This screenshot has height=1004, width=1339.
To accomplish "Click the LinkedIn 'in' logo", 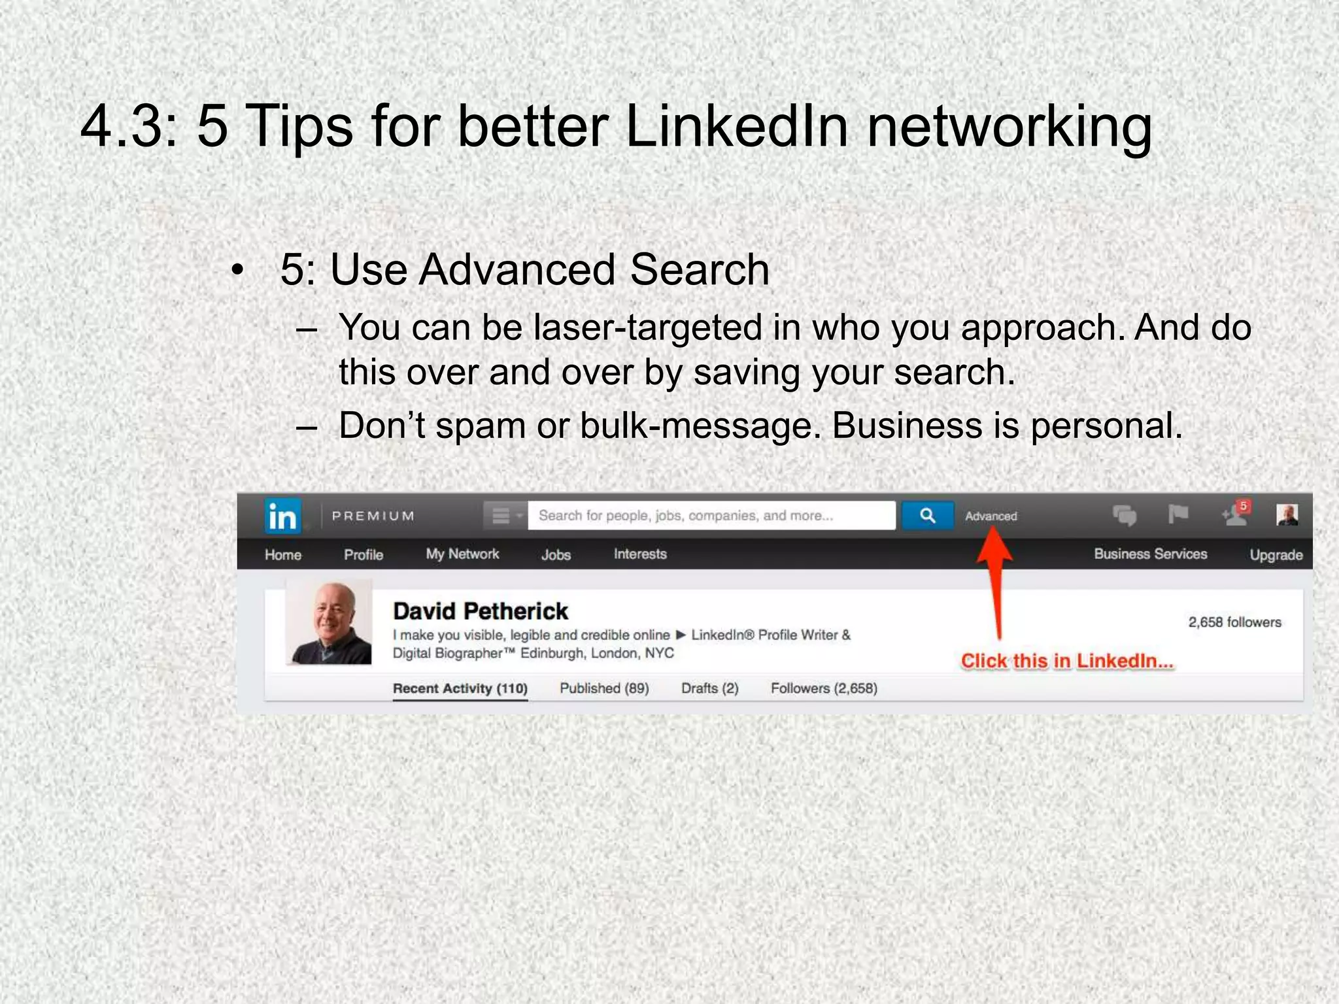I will [x=282, y=516].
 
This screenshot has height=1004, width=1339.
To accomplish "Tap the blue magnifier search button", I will [x=927, y=516].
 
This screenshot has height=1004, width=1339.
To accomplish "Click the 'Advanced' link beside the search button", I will [x=991, y=516].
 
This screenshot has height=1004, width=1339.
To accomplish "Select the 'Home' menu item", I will [x=283, y=555].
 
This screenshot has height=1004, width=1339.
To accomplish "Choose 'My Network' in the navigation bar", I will [x=462, y=554].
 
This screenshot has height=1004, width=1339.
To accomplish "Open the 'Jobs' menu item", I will [x=556, y=555].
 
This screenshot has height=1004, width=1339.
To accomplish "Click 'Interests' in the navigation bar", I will [x=640, y=554].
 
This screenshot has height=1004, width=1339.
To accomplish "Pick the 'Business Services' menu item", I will [x=1150, y=554].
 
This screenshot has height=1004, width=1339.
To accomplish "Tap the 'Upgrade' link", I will [x=1276, y=555].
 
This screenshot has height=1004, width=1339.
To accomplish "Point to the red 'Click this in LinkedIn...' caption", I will [x=1067, y=661].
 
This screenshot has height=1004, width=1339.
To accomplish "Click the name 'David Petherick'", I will [x=481, y=611].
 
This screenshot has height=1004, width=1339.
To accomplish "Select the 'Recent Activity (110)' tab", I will [x=460, y=688].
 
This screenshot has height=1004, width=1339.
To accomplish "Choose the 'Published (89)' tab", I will [x=604, y=688].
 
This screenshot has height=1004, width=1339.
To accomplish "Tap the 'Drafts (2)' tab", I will [x=709, y=688].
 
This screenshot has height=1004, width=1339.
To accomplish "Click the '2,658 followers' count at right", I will [x=1234, y=622].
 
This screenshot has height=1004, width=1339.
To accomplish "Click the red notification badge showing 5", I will [x=1244, y=507].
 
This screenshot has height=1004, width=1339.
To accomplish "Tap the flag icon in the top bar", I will [x=1178, y=515].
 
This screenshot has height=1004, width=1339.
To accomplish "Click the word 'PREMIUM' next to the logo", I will [x=373, y=516].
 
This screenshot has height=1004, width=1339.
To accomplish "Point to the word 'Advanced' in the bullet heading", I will [x=517, y=269].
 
